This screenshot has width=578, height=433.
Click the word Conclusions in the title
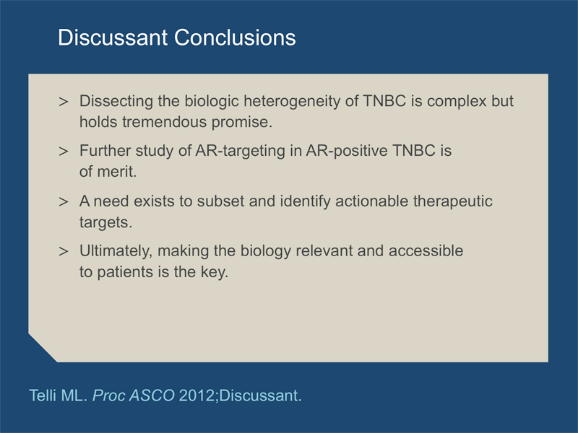click(235, 38)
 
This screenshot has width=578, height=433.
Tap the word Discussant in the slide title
click(113, 38)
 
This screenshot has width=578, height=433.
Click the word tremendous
click(165, 122)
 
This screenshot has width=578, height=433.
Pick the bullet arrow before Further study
click(64, 152)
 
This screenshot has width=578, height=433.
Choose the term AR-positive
click(347, 152)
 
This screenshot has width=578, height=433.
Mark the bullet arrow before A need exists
click(64, 202)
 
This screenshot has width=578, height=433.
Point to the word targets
click(105, 223)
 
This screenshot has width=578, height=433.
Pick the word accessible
click(426, 250)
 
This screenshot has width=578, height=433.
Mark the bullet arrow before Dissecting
click(64, 102)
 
